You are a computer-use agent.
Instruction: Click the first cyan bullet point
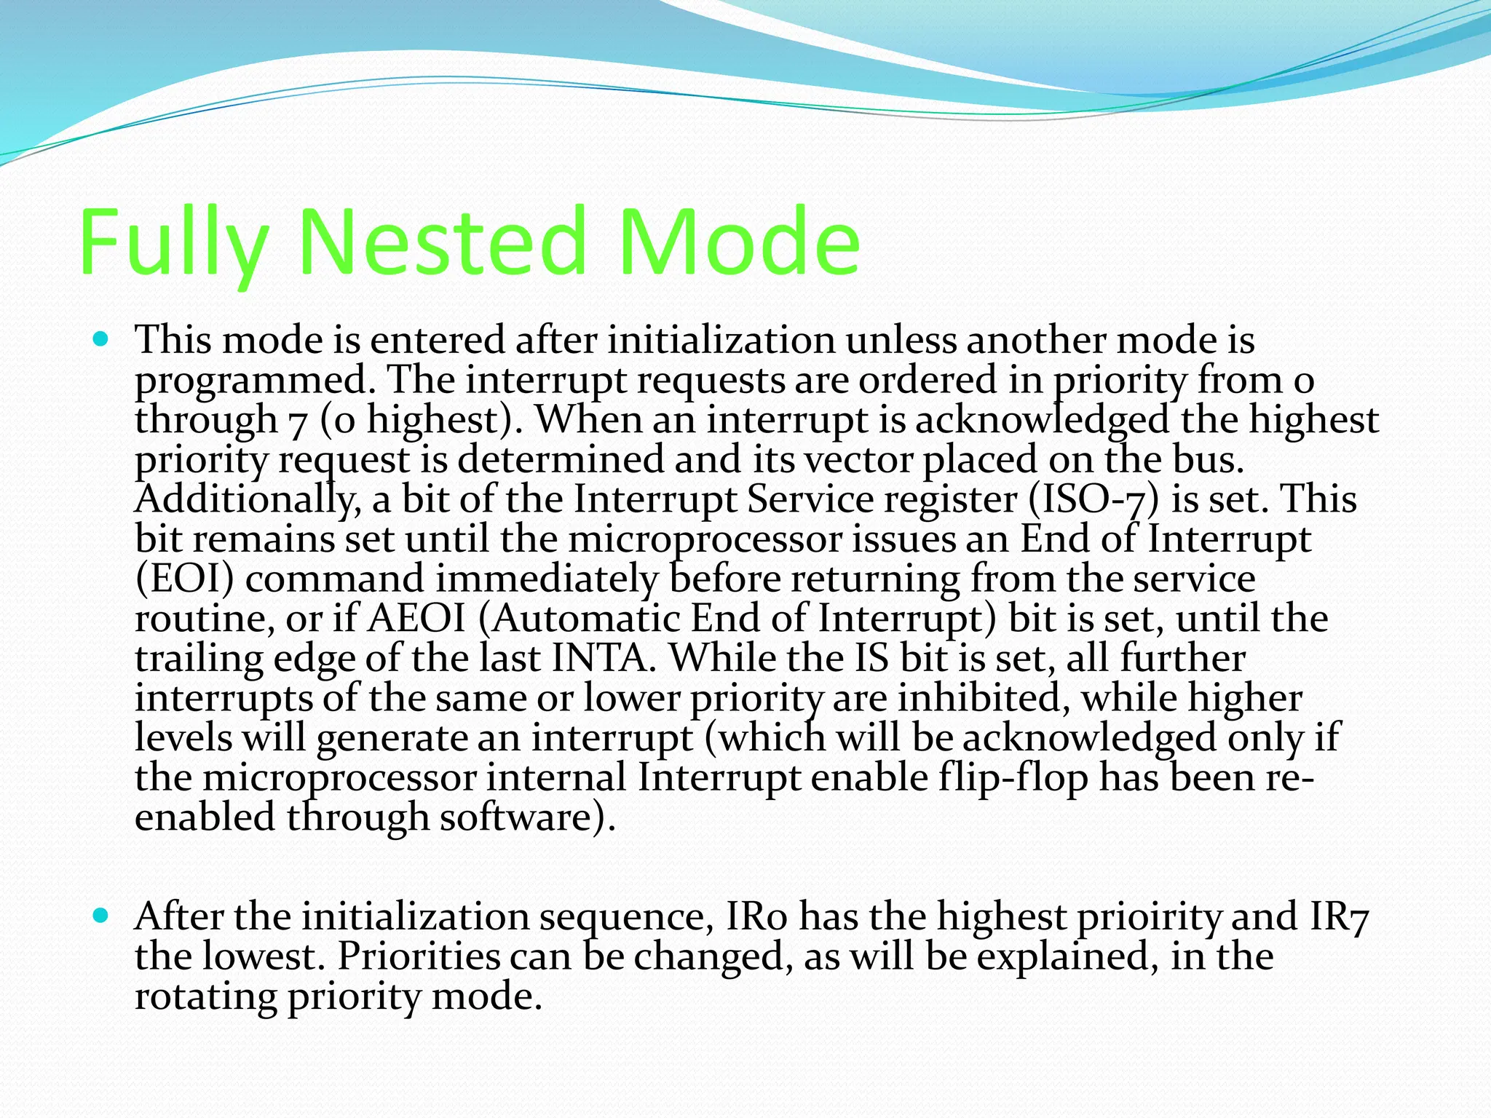(x=101, y=339)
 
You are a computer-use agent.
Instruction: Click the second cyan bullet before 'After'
(x=101, y=915)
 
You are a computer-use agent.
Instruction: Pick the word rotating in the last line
(x=206, y=996)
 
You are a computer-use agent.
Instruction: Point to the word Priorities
(x=419, y=956)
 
